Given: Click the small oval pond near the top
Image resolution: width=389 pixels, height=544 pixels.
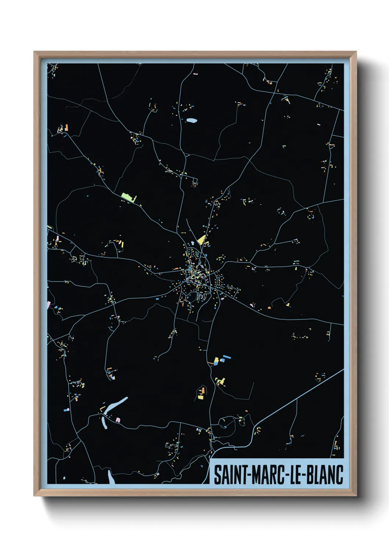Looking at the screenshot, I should pos(191,120).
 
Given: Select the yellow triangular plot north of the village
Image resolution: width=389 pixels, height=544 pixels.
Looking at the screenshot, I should pos(201,240).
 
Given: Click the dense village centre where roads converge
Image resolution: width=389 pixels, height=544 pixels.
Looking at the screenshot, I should pos(195,276).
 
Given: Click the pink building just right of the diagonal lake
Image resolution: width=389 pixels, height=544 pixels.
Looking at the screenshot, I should pos(118,419).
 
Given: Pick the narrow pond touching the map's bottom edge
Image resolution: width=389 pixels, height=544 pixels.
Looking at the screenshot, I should pos(110,477).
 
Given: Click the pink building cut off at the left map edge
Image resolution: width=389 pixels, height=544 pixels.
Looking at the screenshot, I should pos(49,304).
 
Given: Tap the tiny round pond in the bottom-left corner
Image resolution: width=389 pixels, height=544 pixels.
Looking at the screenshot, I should pos(64,478).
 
